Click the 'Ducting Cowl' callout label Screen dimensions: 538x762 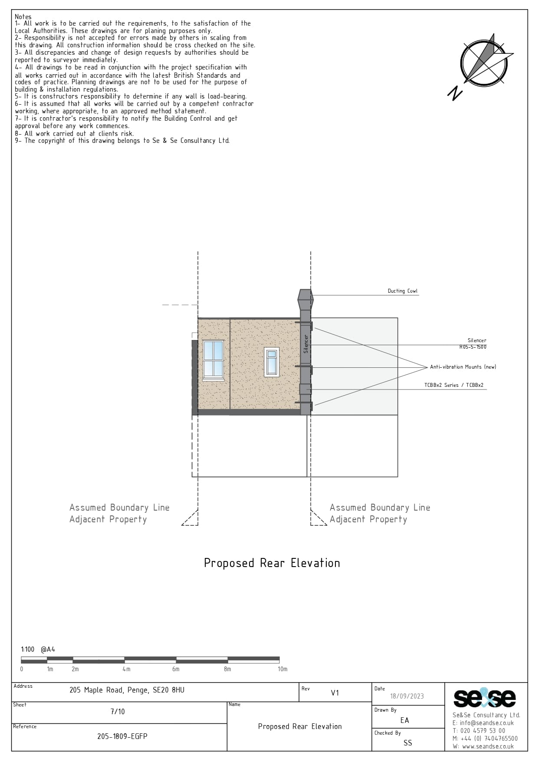[x=403, y=291]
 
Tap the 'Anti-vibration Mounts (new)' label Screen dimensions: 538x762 [x=463, y=367]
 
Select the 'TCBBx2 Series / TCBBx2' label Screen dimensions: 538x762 [x=454, y=385]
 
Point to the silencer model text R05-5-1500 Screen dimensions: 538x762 [x=473, y=347]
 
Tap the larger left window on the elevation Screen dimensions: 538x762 [x=213, y=360]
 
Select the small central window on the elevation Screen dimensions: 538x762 [x=272, y=362]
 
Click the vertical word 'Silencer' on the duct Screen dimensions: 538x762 [x=305, y=343]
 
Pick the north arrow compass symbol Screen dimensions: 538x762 [x=482, y=65]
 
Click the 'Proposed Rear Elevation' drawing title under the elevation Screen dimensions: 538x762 [x=272, y=563]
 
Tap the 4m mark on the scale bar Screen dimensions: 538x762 [x=126, y=669]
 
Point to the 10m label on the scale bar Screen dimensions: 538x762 [x=282, y=669]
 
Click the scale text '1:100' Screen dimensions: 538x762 [x=28, y=650]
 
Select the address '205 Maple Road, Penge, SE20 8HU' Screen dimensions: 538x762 [x=127, y=690]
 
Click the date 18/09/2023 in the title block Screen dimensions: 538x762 [x=407, y=696]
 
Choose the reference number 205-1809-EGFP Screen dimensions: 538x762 [x=122, y=736]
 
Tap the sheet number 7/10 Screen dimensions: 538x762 [x=118, y=711]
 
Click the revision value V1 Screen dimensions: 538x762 [x=335, y=693]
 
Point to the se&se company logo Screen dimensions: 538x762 [x=485, y=698]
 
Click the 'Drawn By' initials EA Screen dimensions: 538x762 [x=405, y=720]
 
